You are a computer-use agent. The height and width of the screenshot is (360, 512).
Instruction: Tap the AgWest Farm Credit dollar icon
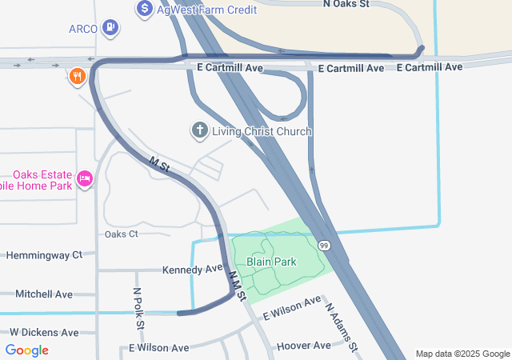coord(145,10)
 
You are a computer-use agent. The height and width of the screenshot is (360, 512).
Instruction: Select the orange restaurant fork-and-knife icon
coord(78,77)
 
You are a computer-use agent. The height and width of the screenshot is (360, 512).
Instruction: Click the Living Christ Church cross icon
coord(198,130)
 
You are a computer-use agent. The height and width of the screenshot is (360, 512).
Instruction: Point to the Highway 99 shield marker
coord(323,245)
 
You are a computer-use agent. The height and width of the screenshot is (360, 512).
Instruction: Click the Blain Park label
coord(271,262)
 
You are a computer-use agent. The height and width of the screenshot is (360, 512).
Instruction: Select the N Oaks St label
coord(346,4)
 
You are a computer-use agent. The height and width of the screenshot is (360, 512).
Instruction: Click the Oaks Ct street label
coord(122,234)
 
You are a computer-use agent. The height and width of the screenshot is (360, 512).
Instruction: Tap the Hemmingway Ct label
coord(44,255)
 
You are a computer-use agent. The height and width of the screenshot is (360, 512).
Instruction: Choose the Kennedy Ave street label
coord(192,269)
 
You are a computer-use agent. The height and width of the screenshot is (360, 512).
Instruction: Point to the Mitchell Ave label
coord(43,294)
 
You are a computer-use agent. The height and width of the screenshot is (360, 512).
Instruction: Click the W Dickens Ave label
coord(44,332)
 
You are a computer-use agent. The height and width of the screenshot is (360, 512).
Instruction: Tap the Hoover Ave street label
coord(303,346)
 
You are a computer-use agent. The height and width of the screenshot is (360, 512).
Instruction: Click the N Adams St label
coord(339,325)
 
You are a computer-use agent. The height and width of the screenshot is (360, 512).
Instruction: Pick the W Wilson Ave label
coord(158,348)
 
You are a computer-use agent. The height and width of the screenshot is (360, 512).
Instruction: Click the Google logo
coord(27,350)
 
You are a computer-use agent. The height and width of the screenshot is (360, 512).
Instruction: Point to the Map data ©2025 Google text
coord(462,354)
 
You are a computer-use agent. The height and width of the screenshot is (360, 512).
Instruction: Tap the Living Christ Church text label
coord(262,131)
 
